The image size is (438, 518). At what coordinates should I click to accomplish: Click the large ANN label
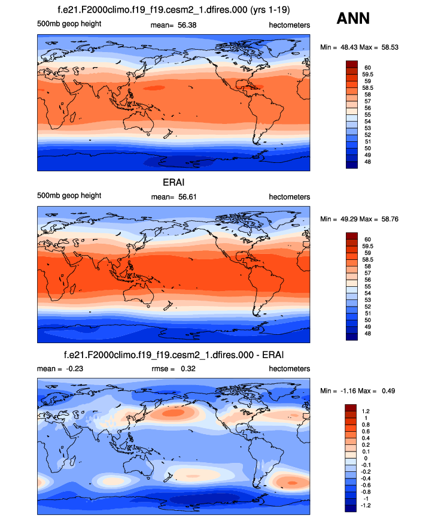353,19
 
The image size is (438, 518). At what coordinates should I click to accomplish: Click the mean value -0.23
72,368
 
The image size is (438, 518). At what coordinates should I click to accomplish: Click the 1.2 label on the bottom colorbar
366,411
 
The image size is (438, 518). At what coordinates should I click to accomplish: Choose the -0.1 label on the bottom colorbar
367,464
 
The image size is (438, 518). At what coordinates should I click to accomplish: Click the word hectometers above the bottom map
290,368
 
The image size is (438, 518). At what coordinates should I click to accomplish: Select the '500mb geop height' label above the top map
69,24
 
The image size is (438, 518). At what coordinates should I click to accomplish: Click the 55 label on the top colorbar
366,114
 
